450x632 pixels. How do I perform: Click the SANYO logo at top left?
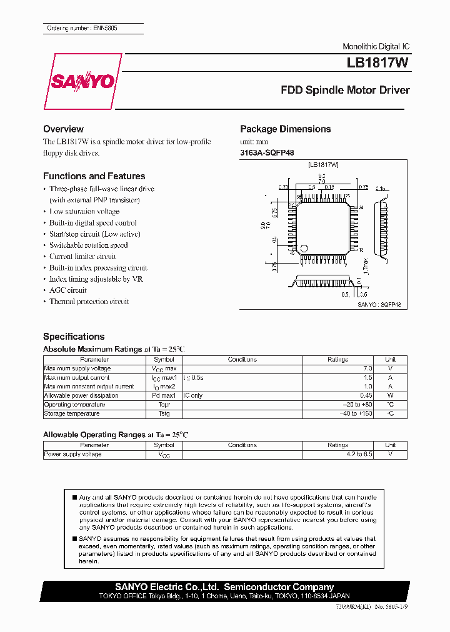point(81,81)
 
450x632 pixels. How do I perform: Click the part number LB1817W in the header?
point(378,63)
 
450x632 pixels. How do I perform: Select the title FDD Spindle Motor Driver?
point(345,90)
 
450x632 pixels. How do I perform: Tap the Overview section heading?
point(63,129)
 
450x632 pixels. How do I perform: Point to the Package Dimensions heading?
point(286,129)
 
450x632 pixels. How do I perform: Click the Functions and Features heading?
point(94,176)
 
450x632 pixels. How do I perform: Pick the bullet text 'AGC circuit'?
point(68,290)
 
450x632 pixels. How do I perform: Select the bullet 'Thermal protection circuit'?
point(89,302)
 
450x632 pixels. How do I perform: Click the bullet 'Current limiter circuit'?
point(82,257)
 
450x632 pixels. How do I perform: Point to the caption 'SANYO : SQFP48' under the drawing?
point(379,304)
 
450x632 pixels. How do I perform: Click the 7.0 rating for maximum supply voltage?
point(367,368)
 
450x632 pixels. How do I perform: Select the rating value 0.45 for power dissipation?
point(366,396)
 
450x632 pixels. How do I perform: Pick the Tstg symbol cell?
point(164,413)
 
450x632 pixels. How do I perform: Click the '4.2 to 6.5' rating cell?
point(359,454)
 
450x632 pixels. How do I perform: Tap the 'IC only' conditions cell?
point(193,396)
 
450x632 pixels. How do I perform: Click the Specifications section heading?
point(74,337)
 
